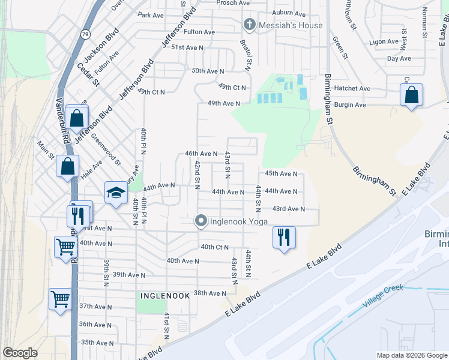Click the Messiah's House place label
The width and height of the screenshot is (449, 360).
click(291, 25)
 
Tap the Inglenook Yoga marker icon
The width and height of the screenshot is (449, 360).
click(202, 221)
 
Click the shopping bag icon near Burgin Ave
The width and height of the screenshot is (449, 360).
click(411, 95)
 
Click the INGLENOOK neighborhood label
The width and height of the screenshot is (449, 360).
click(165, 296)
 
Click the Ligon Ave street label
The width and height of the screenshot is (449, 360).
click(384, 42)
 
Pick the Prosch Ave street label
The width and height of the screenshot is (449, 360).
click(233, 3)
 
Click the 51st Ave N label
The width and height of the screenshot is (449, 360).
click(187, 47)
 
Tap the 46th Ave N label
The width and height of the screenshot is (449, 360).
click(201, 154)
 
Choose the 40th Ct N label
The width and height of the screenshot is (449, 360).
click(215, 247)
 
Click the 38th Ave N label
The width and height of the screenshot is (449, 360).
click(209, 293)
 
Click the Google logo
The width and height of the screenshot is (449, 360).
click(20, 353)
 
